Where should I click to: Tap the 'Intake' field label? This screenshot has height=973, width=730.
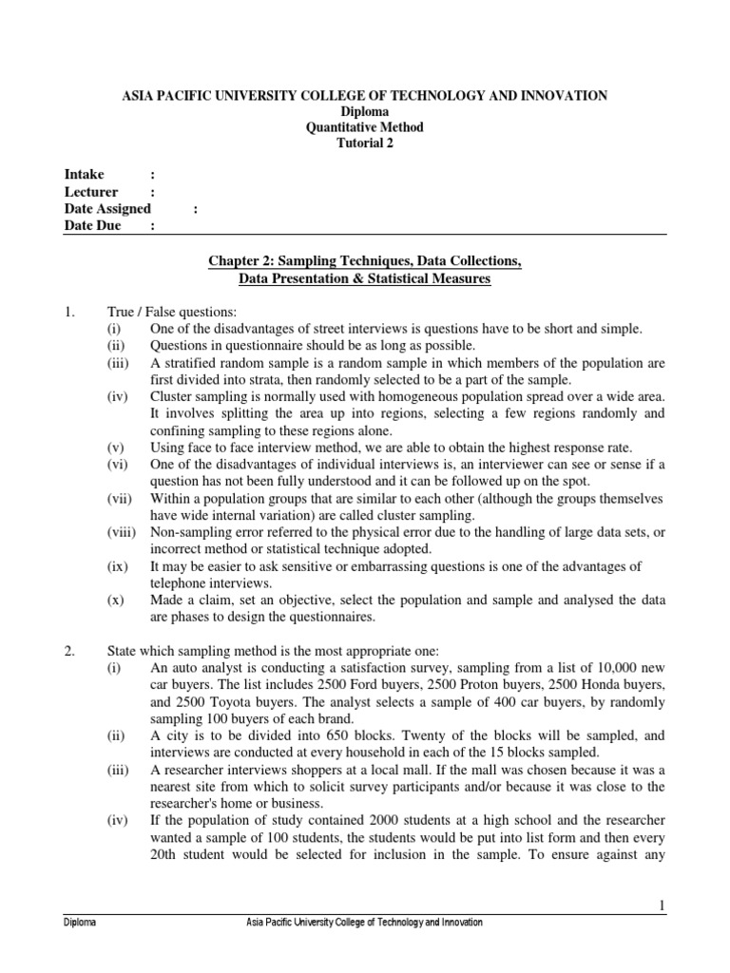(x=84, y=175)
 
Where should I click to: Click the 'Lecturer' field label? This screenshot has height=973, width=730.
(x=89, y=192)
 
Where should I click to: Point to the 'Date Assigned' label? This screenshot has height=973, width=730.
(x=107, y=209)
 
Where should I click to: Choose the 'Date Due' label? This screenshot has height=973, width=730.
(x=92, y=226)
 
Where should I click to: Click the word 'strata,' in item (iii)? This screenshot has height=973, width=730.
(x=263, y=378)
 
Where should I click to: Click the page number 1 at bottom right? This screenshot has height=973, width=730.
(x=661, y=907)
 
